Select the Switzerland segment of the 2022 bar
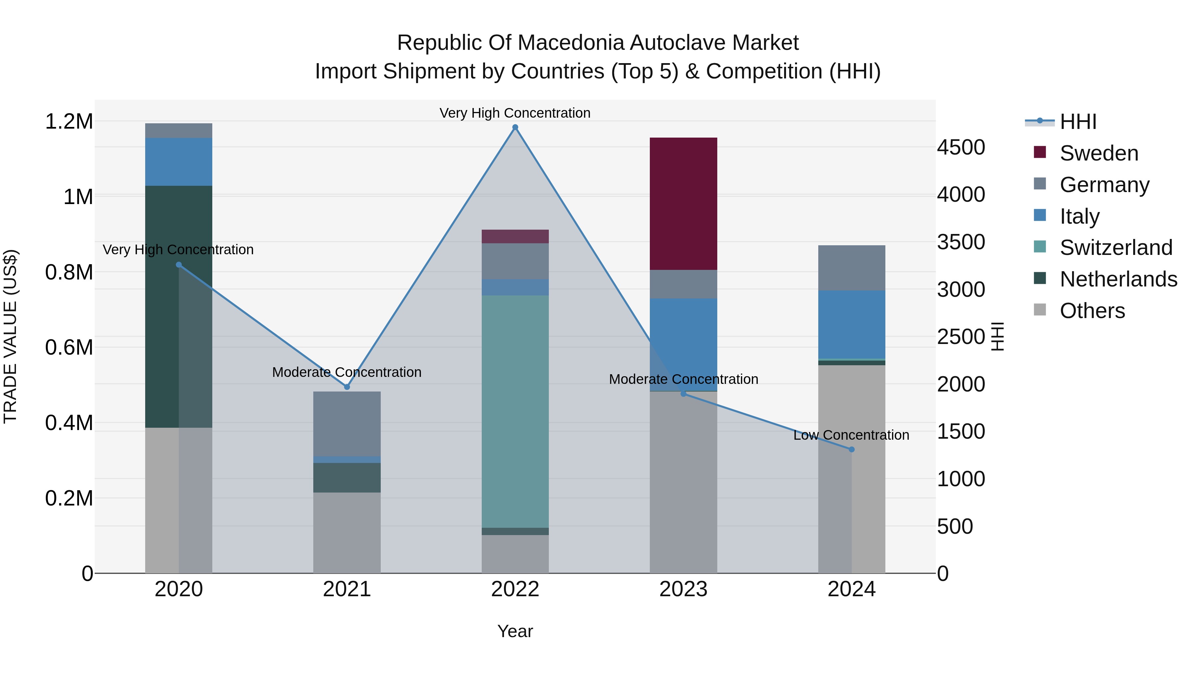click(515, 411)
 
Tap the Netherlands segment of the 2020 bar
click(179, 306)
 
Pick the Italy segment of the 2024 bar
click(851, 324)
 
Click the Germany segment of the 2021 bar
click(347, 424)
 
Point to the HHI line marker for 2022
click(515, 127)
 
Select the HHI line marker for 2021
click(347, 387)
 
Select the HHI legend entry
click(1078, 122)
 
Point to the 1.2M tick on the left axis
click(69, 122)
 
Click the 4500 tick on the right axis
click(960, 148)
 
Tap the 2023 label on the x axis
click(683, 589)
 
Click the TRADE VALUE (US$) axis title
click(10, 336)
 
